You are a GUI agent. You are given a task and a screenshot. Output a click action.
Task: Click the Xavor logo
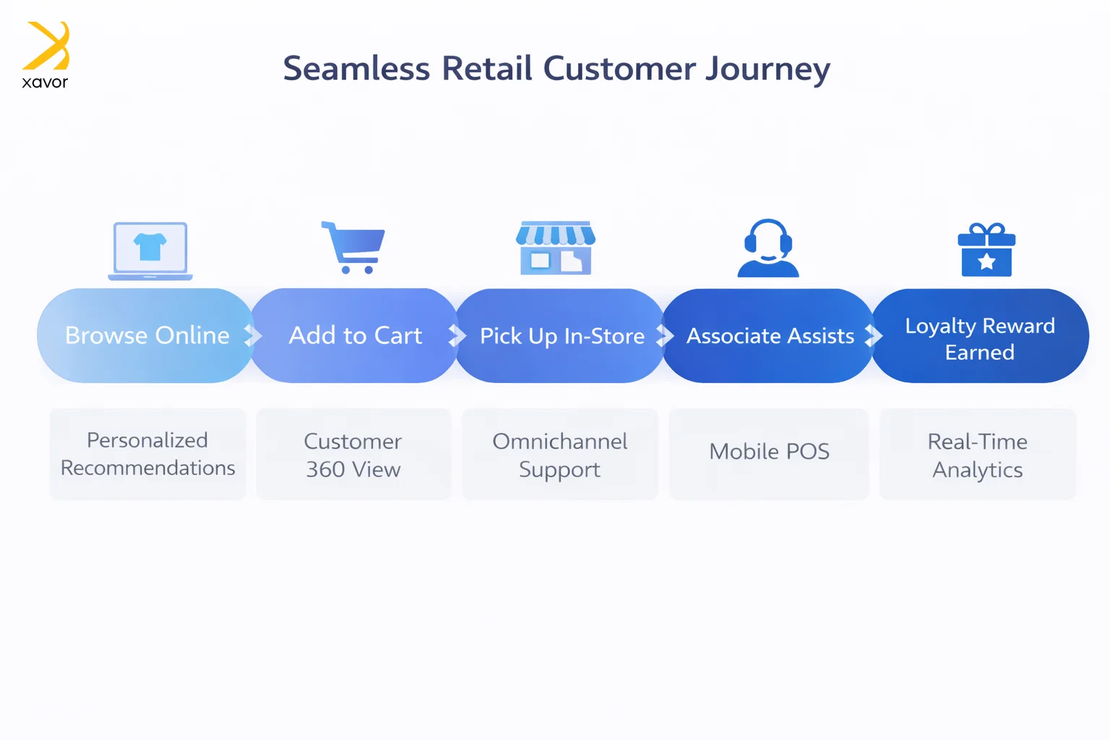[46, 55]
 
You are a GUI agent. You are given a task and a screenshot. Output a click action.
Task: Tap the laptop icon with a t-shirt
[150, 250]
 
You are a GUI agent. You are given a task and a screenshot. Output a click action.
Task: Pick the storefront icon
[556, 249]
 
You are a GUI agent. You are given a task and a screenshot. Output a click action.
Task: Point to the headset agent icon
[768, 249]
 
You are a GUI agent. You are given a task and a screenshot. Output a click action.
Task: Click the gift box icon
[986, 250]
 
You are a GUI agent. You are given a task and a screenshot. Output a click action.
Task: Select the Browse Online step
[147, 335]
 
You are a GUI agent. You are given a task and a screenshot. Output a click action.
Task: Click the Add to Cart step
[355, 335]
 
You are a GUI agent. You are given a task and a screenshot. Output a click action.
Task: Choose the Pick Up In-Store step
[562, 336]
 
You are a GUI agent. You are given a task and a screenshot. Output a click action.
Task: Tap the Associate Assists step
[770, 336]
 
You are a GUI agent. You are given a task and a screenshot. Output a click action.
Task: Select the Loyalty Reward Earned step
[980, 338]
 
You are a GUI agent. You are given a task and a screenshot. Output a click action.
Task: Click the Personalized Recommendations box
[147, 454]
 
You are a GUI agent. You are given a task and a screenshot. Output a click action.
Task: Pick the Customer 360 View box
[353, 455]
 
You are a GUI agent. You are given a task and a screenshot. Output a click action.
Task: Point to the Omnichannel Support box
[560, 455]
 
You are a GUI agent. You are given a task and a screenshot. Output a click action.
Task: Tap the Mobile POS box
[769, 452]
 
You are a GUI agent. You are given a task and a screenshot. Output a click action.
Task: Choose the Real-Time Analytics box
[978, 455]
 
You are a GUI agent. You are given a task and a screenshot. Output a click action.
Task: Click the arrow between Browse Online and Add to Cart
[252, 335]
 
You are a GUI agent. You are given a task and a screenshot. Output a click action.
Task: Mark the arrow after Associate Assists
[874, 335]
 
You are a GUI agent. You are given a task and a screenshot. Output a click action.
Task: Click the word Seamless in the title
[356, 69]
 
